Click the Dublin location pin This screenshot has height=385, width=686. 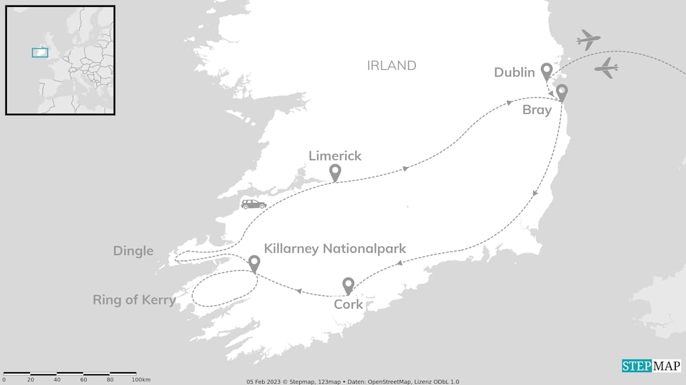[546, 70]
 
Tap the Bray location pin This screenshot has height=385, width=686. [562, 92]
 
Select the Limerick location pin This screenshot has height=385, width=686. [335, 172]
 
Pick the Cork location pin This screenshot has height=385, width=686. [348, 285]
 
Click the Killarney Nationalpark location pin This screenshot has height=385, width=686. [254, 262]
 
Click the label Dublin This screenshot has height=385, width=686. [514, 72]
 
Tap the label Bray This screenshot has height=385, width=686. [536, 110]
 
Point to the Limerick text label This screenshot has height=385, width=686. [335, 156]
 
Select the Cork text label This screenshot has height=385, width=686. [348, 305]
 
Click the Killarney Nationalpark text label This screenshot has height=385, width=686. [335, 249]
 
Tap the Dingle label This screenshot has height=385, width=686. [133, 251]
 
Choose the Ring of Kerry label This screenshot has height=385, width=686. [134, 300]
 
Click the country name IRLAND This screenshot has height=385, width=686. [391, 65]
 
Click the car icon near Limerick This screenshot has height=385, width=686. [253, 204]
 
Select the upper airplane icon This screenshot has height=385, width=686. [588, 40]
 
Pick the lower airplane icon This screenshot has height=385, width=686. [606, 68]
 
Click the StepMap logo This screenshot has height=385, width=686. [651, 366]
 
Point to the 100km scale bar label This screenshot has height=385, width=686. [141, 380]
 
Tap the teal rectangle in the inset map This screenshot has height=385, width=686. [40, 53]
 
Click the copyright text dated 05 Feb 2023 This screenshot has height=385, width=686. [353, 382]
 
